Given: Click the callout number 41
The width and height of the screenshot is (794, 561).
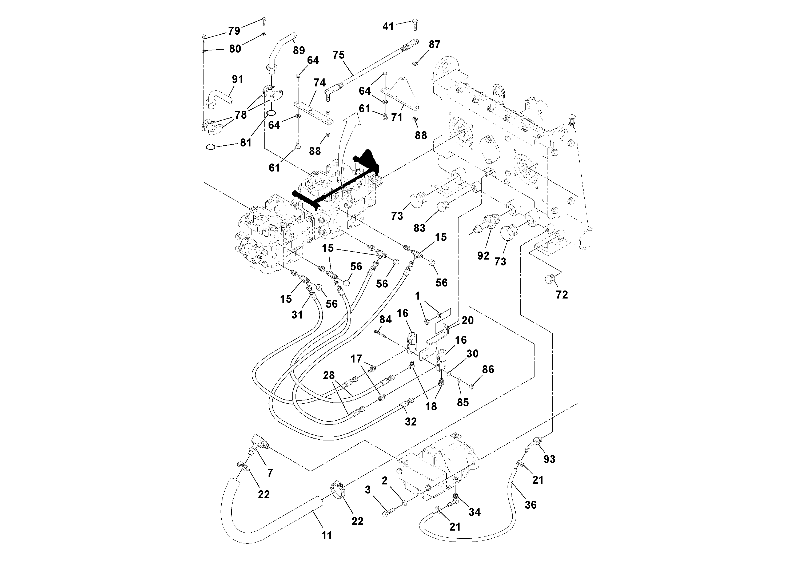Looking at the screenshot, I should coord(388,26).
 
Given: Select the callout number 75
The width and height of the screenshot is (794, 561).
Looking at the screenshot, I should coord(338,55).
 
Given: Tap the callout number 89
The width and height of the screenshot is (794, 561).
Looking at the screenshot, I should coord(298,50).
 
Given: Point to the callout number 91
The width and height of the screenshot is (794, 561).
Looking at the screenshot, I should coord(237,79).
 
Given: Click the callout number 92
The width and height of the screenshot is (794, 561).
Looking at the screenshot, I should coord(483,256).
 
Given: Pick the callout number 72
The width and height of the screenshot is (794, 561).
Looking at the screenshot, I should coord(562,295).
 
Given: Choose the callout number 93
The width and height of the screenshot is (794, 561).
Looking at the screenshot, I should coord(549,459).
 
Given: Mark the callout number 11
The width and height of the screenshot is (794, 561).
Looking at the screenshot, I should coord(326,535).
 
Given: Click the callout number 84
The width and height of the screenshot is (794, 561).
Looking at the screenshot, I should coord(385,319).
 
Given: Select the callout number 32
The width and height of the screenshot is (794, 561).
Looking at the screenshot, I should coord(410,421).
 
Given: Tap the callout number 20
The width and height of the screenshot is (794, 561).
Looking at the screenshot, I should coord(468,320).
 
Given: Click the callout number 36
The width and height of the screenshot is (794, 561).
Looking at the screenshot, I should coord(530,505).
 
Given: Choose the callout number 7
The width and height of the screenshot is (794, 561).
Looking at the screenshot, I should coord(270,472).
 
